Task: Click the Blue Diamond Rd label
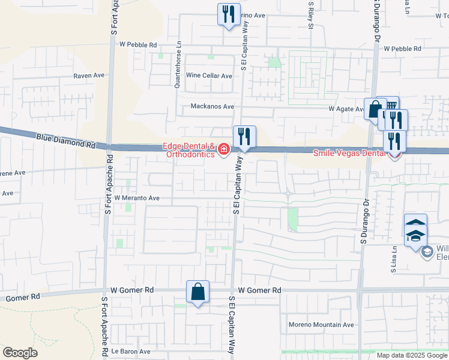tap(65, 142)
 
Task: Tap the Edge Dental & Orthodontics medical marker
tap(224, 149)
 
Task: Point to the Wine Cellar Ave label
tap(209, 76)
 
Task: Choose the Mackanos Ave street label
tap(212, 107)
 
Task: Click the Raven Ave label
tap(89, 76)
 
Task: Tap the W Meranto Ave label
tap(137, 198)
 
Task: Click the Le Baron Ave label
tap(130, 352)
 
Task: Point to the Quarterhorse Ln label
tap(178, 68)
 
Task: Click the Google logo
tap(20, 353)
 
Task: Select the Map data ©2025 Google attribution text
tap(412, 355)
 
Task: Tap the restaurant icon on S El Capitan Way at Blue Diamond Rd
tap(244, 136)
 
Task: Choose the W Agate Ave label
tap(346, 109)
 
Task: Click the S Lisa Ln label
tap(394, 260)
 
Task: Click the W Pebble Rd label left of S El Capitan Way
tap(138, 45)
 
